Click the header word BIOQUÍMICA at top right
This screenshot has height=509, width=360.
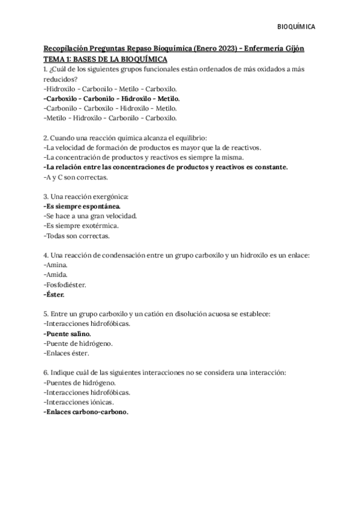tap(299, 27)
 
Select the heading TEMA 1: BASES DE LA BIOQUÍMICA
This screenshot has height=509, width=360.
tap(106, 59)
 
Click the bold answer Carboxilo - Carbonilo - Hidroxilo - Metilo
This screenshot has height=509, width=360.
tap(112, 98)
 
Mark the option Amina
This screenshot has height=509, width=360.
tap(56, 265)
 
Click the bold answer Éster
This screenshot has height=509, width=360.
tap(55, 295)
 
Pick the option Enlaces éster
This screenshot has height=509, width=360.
tap(68, 354)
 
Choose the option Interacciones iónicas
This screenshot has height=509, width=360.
tap(79, 402)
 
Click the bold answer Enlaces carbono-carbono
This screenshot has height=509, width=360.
tap(86, 412)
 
